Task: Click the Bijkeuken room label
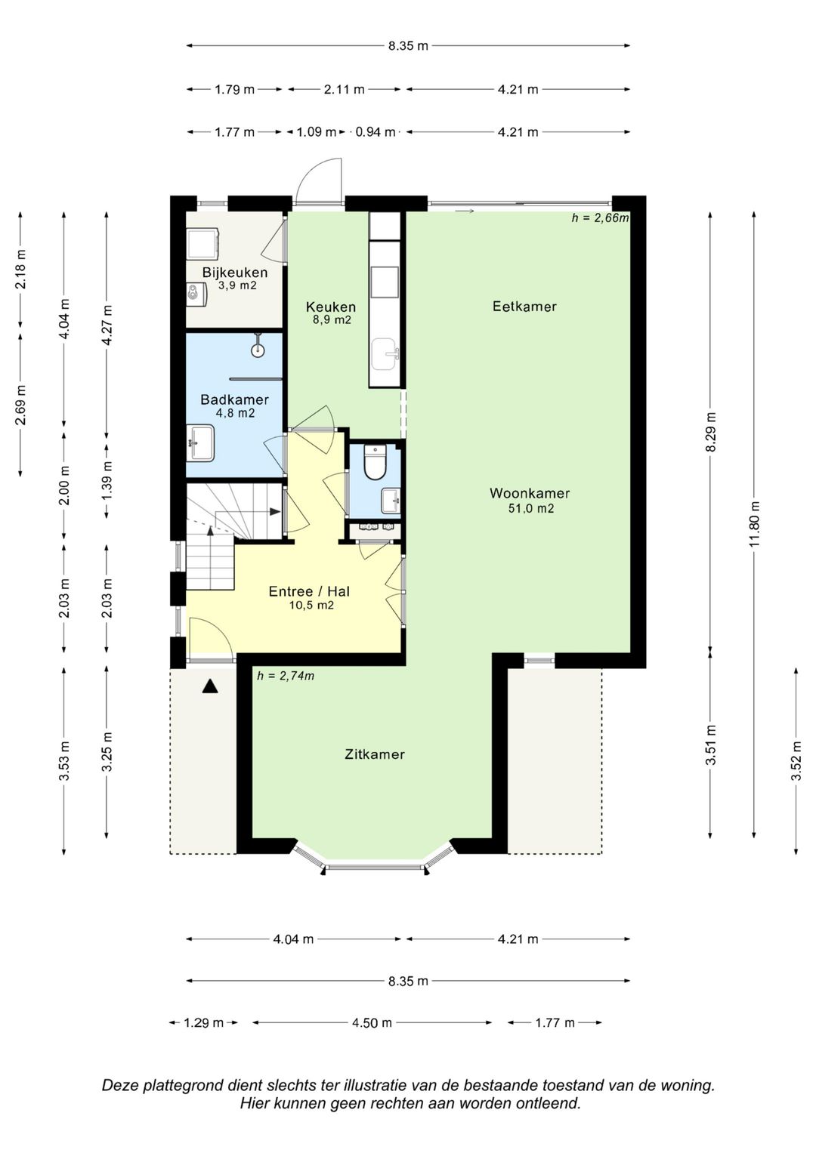click(234, 273)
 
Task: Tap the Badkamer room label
click(234, 399)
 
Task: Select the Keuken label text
click(331, 307)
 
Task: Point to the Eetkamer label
click(524, 307)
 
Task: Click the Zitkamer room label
click(375, 754)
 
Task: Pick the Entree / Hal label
click(309, 591)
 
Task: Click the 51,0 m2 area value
click(530, 509)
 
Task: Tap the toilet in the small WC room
click(375, 462)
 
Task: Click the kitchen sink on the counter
click(385, 354)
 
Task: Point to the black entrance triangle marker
click(210, 686)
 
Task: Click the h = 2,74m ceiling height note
click(286, 676)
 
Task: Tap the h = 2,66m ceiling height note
click(600, 217)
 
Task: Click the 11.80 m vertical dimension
click(755, 525)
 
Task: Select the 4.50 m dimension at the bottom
click(372, 1023)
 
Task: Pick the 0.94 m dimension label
click(376, 132)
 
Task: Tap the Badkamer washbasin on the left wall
click(201, 443)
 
